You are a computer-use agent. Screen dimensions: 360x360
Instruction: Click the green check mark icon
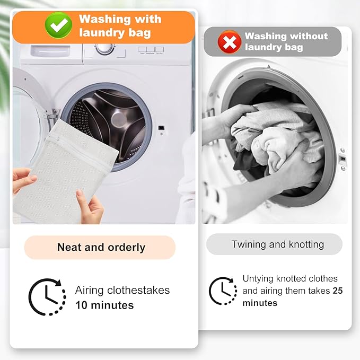[x=58, y=25]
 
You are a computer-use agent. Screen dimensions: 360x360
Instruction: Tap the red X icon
[x=229, y=42]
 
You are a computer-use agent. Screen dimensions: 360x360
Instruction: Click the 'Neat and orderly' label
[x=100, y=247]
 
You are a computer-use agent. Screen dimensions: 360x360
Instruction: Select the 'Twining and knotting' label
[x=277, y=244]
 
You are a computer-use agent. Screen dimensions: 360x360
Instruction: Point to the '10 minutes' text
[x=104, y=305]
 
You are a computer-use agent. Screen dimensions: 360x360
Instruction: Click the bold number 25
[x=338, y=291]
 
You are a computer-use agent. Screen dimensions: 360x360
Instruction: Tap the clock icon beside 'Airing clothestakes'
[x=47, y=297]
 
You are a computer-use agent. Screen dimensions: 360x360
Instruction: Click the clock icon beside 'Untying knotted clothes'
[x=223, y=291]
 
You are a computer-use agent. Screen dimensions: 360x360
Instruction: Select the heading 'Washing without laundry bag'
[x=286, y=42]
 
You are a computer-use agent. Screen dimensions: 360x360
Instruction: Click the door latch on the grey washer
[x=343, y=159]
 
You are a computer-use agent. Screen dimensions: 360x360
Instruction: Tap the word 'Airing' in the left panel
[x=90, y=290]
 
